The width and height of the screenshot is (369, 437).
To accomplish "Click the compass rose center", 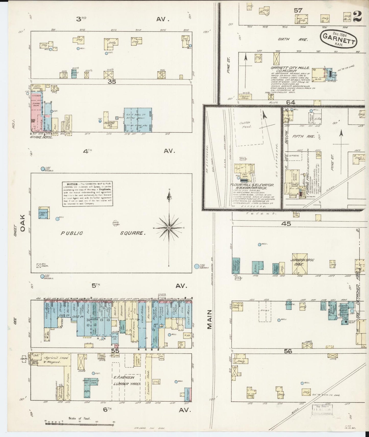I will coord(169,227).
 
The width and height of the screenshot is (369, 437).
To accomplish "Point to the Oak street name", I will coord(23,223).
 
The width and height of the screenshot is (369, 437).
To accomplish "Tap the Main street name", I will coord(210,319).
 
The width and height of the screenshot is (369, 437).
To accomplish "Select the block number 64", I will coord(290,102).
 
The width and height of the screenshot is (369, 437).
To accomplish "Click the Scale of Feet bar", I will coord(79,424).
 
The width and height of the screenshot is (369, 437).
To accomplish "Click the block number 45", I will coord(286,224).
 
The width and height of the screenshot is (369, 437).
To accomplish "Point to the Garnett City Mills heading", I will coord(290,68).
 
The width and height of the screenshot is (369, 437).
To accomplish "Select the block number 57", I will coord(298,10).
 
